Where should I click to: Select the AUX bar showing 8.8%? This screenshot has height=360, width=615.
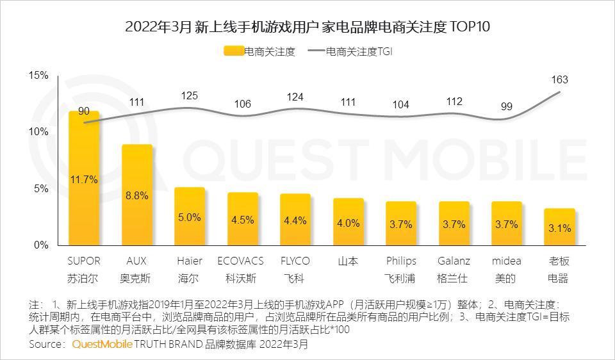click(x=137, y=195)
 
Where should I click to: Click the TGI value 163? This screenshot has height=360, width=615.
click(x=559, y=80)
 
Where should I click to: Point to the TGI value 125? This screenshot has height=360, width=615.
click(x=190, y=96)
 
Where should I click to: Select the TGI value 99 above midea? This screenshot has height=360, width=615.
click(x=506, y=106)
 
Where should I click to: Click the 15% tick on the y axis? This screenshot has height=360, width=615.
click(x=38, y=76)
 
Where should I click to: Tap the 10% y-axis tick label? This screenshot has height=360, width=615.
click(x=38, y=132)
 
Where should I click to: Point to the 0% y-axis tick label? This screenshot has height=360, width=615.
click(x=41, y=245)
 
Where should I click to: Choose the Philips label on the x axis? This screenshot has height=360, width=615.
click(x=401, y=261)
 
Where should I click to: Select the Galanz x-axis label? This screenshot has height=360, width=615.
click(x=454, y=261)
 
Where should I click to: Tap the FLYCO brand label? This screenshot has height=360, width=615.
click(x=295, y=261)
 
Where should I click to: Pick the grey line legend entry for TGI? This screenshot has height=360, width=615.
click(x=316, y=52)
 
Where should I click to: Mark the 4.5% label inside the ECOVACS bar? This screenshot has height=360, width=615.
click(x=242, y=220)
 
